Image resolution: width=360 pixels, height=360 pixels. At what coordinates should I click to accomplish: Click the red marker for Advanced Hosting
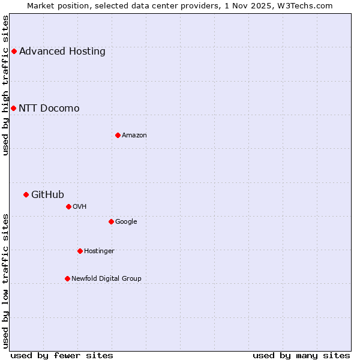14,51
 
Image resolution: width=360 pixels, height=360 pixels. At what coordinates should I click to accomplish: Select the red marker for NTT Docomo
13,108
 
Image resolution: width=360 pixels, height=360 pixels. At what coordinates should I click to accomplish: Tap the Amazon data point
118,135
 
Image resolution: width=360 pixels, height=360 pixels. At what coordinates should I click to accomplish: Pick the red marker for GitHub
26,194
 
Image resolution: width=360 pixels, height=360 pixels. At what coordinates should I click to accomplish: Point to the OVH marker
68,206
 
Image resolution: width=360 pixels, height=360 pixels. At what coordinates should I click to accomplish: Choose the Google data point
111,221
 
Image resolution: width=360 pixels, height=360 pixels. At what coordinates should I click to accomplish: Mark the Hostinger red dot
80,251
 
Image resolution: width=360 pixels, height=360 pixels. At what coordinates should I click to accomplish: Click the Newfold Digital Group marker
67,278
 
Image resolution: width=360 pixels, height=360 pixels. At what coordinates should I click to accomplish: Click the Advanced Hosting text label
62,51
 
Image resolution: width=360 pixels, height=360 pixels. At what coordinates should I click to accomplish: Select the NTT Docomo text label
49,108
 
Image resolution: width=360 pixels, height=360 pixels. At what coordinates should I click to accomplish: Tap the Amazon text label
134,135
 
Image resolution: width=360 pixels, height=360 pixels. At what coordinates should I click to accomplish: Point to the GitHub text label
47,194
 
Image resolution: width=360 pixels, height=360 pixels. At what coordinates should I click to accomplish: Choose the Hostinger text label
99,251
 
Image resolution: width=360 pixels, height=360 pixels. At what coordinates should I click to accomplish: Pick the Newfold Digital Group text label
106,278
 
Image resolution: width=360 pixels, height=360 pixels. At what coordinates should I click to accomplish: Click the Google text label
126,221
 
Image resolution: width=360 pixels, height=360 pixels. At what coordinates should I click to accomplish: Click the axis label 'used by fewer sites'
62,355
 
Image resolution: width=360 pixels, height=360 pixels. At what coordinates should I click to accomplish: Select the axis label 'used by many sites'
301,355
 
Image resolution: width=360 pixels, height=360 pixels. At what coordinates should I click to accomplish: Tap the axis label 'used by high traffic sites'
5,85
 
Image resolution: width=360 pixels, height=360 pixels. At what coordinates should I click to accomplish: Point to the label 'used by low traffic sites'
5,281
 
